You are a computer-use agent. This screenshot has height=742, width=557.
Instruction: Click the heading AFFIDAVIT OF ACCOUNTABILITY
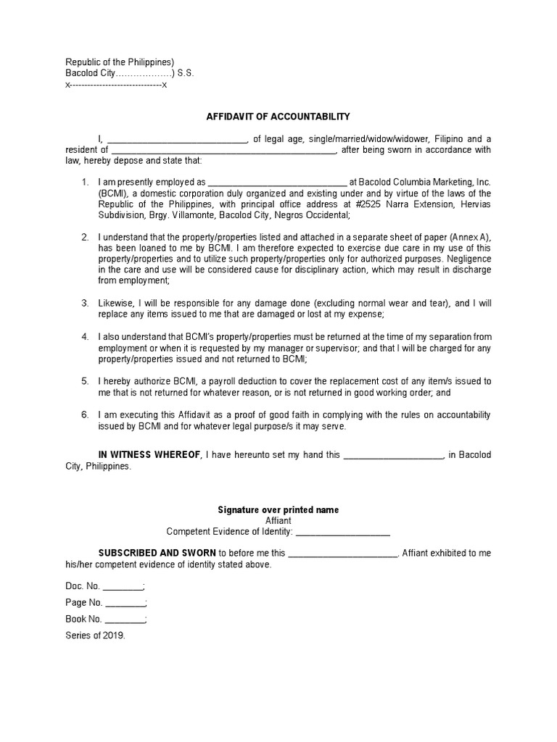pos(278,116)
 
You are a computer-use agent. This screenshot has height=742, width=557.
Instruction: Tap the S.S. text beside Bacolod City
pos(186,74)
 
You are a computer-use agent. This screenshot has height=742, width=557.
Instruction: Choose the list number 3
pos(85,304)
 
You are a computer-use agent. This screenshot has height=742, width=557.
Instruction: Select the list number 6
pos(85,415)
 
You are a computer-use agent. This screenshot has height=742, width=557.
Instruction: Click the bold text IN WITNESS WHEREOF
pos(149,455)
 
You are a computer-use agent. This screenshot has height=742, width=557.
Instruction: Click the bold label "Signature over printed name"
pos(278,510)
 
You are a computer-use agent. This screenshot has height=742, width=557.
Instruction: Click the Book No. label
pos(84,620)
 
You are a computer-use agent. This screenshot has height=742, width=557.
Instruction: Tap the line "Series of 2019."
pos(96,635)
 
